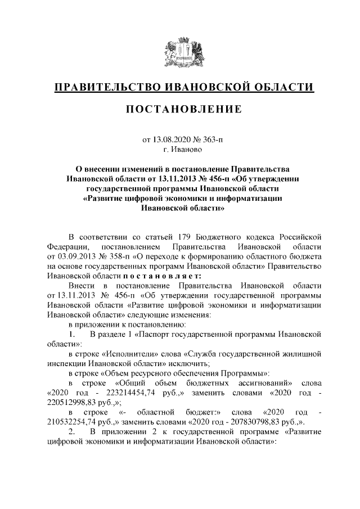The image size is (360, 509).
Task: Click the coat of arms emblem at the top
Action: click(180, 53)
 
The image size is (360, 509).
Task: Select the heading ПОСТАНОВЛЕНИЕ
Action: click(180, 108)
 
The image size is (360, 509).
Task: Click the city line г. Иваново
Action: click(180, 150)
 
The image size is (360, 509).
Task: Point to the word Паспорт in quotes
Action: click(148, 334)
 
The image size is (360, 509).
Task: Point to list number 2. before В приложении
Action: click(73, 432)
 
